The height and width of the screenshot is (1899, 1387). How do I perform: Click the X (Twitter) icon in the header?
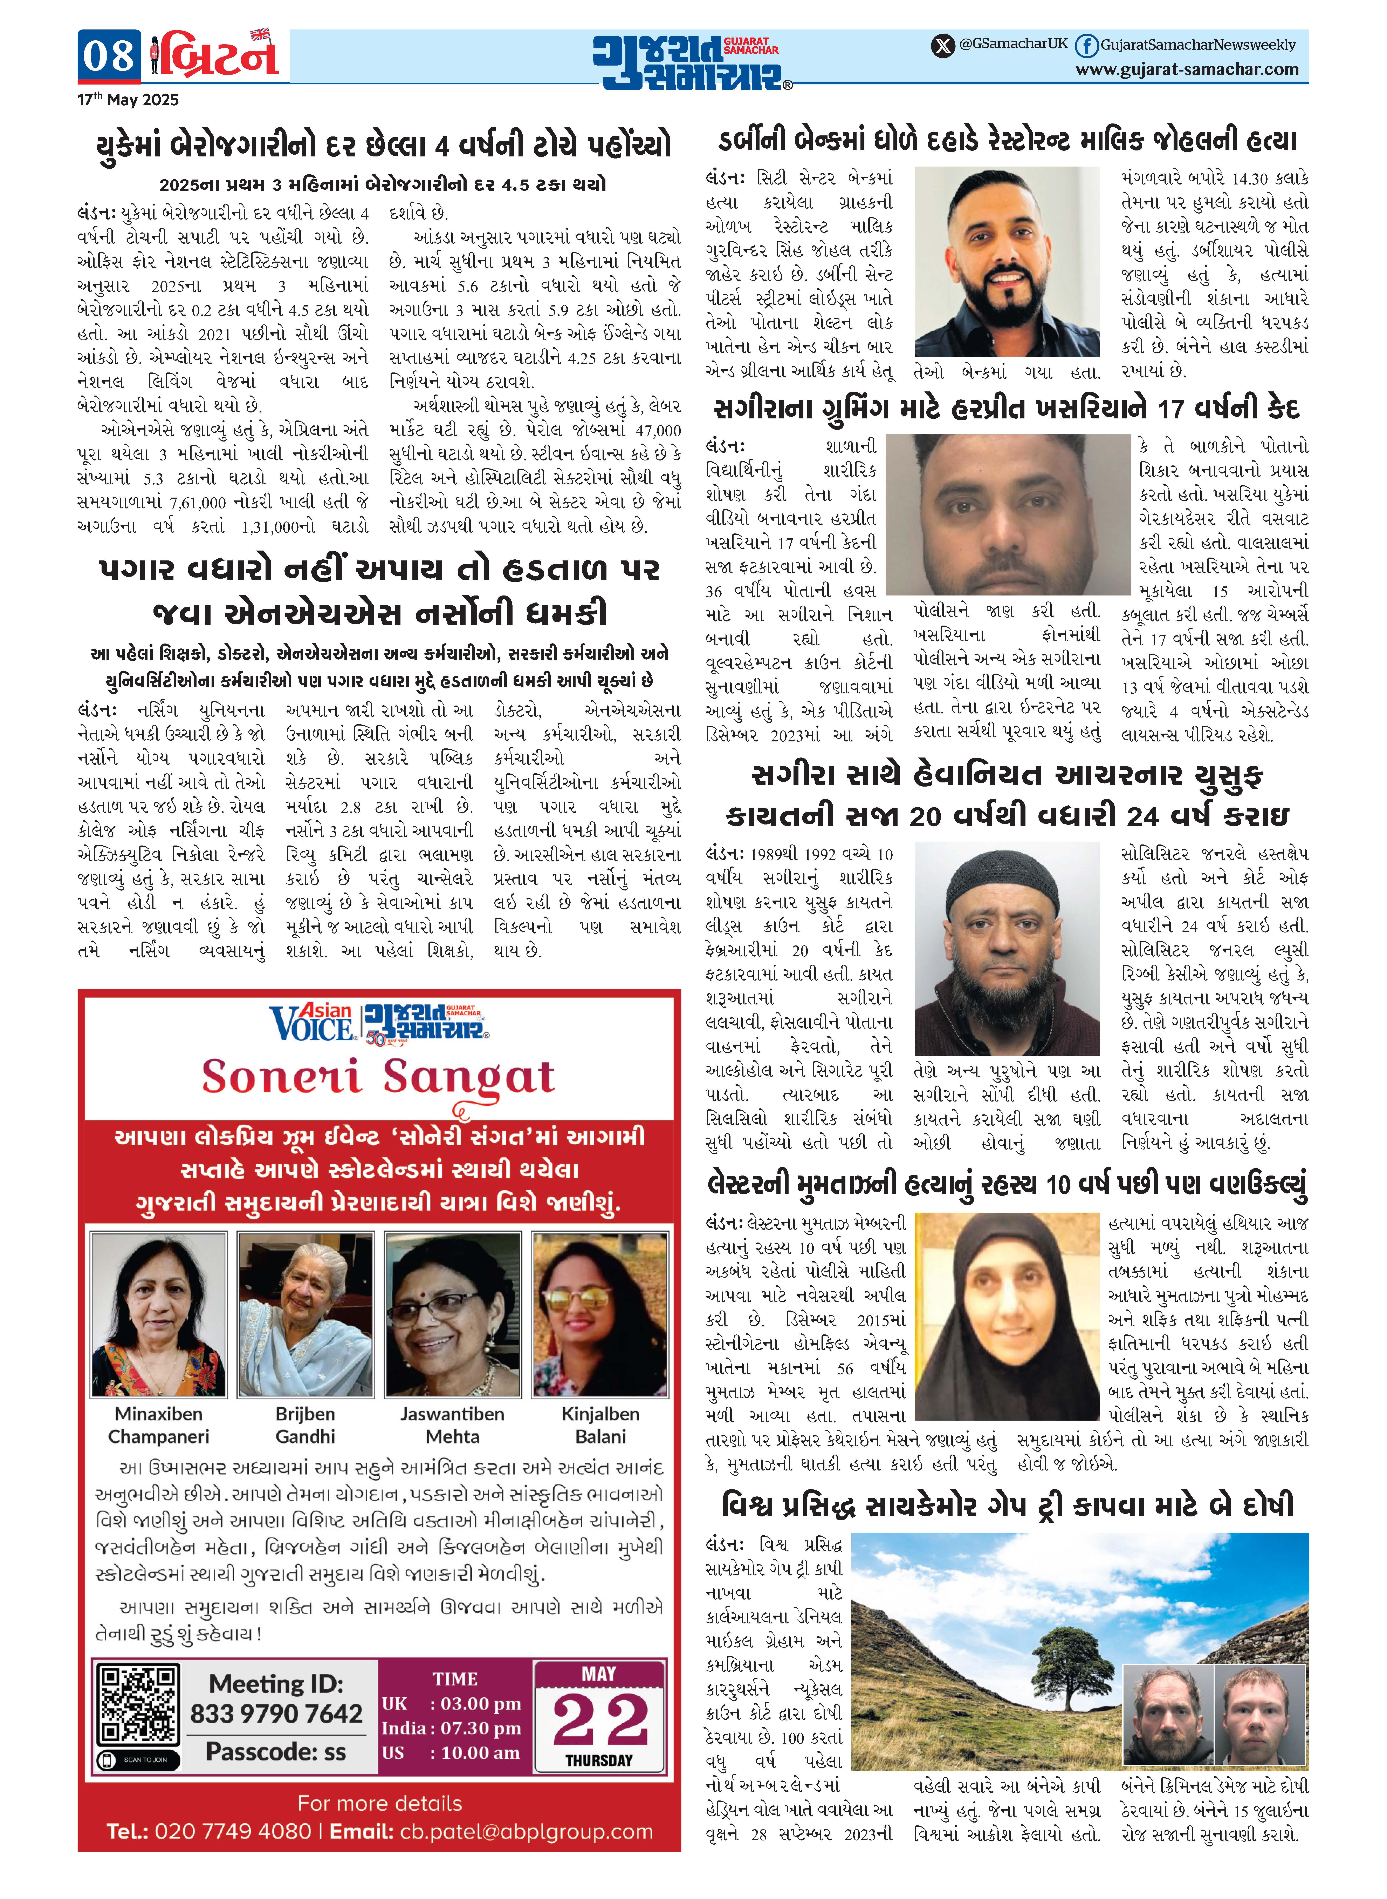[x=943, y=45]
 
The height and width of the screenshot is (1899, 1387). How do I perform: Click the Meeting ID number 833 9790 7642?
[x=276, y=1713]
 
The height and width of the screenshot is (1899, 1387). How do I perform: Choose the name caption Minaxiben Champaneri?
[x=159, y=1425]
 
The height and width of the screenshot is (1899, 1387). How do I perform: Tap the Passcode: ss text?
[x=276, y=1752]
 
